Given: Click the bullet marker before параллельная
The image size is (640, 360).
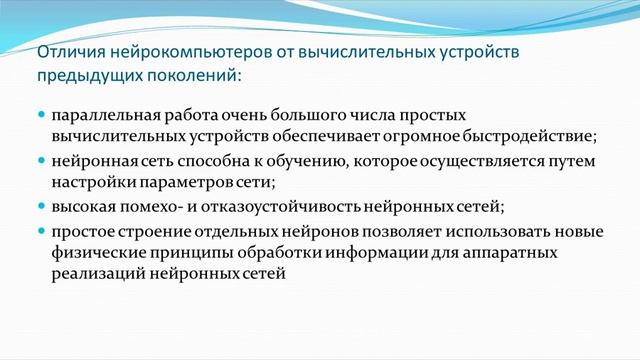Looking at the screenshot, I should pyautogui.click(x=41, y=114).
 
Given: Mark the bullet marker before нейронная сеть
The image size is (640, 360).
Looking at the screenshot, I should pyautogui.click(x=41, y=160).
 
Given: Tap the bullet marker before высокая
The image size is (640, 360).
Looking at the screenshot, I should pyautogui.click(x=41, y=206).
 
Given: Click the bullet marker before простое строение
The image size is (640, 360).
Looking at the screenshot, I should pyautogui.click(x=41, y=230).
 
